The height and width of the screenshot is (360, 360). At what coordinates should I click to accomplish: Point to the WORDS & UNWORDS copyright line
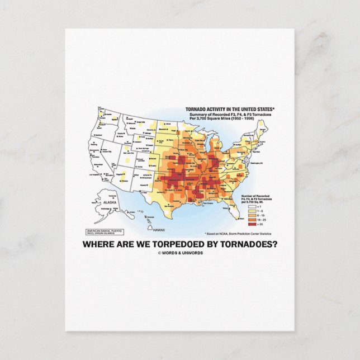(180, 253)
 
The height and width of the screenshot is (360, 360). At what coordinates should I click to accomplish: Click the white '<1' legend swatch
(244, 206)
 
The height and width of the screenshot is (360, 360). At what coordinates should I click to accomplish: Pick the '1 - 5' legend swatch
(244, 211)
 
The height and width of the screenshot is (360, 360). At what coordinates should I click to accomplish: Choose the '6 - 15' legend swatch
(244, 215)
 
